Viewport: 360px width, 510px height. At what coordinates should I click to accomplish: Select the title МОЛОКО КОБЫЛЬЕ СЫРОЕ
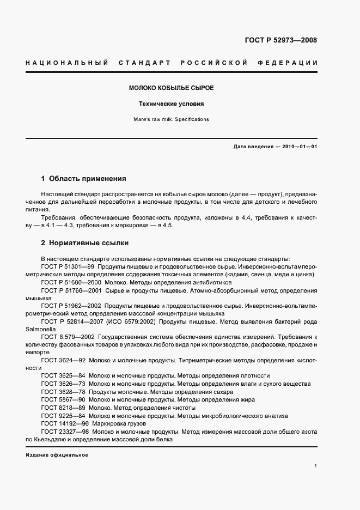[x=171, y=88]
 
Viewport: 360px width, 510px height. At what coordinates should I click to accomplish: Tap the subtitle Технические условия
[x=171, y=104]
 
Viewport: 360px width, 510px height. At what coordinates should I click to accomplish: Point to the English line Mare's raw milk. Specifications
[x=171, y=119]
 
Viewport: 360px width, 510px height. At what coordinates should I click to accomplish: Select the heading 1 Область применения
[x=84, y=178]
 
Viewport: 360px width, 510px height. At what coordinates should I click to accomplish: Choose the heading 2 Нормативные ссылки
[x=84, y=242]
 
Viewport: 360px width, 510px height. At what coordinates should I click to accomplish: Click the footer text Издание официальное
[x=57, y=454]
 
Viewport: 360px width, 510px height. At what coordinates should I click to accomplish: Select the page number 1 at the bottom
[x=316, y=466]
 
